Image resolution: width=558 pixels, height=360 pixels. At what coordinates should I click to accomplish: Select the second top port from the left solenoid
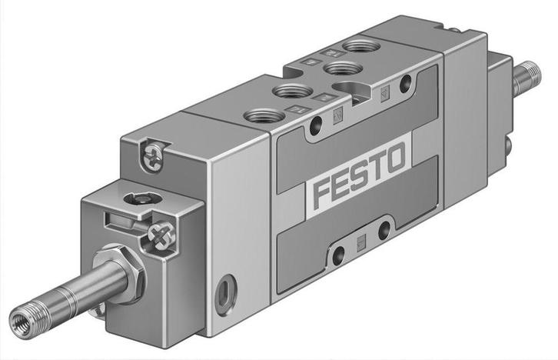(291, 92)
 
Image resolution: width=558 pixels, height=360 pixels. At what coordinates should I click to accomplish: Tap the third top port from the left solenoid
(337, 68)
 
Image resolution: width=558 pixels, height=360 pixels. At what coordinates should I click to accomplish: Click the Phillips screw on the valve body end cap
(151, 156)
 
